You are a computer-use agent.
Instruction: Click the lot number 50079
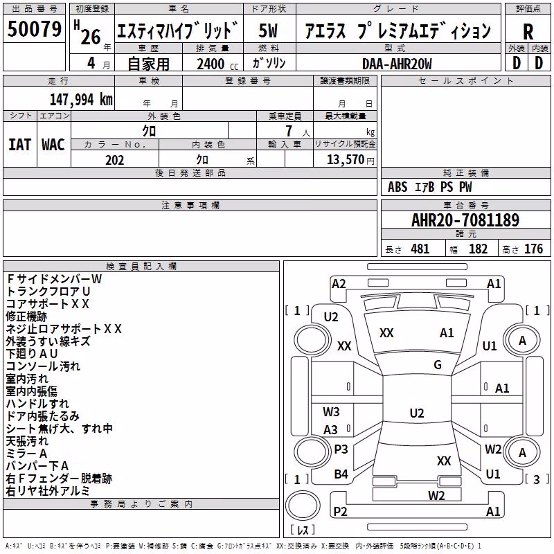[x=35, y=29]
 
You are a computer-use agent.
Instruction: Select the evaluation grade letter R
[x=528, y=32]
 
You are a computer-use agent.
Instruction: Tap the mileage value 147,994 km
[x=81, y=100]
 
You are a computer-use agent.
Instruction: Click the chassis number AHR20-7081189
[x=465, y=220]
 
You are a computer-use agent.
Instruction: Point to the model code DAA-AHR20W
[x=397, y=64]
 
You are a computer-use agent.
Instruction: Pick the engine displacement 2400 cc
[x=217, y=64]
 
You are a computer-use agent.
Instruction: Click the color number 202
[x=114, y=160]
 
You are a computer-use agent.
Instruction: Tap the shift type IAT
[x=20, y=145]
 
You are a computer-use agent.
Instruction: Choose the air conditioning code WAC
[x=53, y=145]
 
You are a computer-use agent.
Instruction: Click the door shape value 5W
[x=268, y=30]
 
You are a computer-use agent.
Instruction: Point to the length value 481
[x=420, y=249]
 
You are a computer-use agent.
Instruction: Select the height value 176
[x=533, y=249]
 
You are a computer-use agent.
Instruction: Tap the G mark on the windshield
[x=438, y=365]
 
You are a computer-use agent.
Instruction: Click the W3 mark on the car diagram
[x=331, y=411]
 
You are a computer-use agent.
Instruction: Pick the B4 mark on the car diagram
[x=341, y=474]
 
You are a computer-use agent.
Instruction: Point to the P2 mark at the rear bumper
[x=340, y=511]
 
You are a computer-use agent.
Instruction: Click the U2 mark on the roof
[x=417, y=413]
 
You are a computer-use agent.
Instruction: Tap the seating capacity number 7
[x=289, y=131]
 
